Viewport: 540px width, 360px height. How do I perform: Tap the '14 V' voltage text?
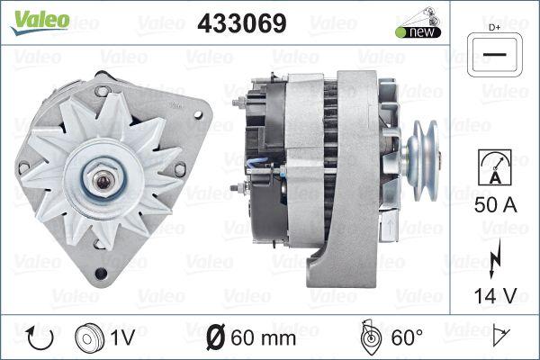[x=493, y=294]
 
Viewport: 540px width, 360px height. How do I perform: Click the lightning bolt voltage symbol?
[x=492, y=262]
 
